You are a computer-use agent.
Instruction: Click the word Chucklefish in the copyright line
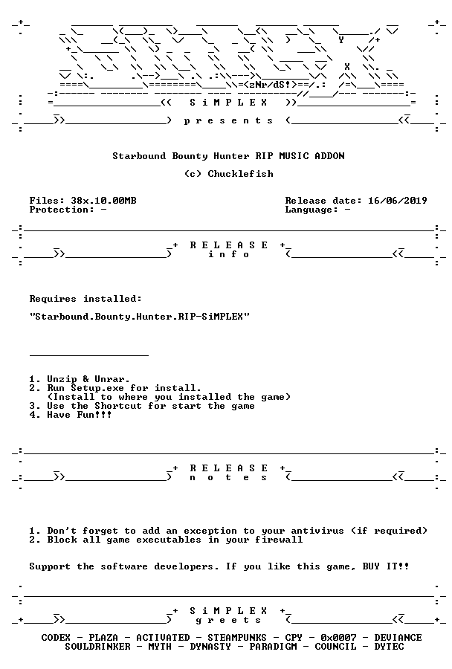pyautogui.click(x=240, y=174)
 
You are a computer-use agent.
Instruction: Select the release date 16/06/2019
pyautogui.click(x=398, y=201)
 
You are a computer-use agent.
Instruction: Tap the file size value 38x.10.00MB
pyautogui.click(x=104, y=201)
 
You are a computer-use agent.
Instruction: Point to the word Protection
pyautogui.click(x=59, y=210)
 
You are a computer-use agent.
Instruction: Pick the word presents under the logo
pyautogui.click(x=228, y=120)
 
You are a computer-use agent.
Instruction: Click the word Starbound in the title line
pyautogui.click(x=139, y=156)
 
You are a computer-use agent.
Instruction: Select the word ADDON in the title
pyautogui.click(x=329, y=156)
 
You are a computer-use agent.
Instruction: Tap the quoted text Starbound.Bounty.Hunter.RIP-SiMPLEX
pyautogui.click(x=139, y=317)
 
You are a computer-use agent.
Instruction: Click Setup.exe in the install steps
pyautogui.click(x=97, y=388)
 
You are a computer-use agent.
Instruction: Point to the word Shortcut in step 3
pyautogui.click(x=118, y=406)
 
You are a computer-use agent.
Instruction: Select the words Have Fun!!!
pyautogui.click(x=80, y=415)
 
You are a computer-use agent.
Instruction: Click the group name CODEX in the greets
pyautogui.click(x=56, y=638)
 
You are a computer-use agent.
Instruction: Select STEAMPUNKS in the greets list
pyautogui.click(x=237, y=638)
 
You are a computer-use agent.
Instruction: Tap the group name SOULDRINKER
pyautogui.click(x=97, y=647)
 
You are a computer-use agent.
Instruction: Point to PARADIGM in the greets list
pyautogui.click(x=273, y=647)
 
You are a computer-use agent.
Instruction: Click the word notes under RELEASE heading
pyautogui.click(x=228, y=477)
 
